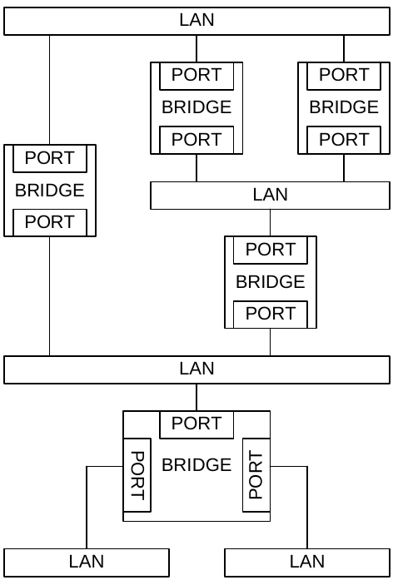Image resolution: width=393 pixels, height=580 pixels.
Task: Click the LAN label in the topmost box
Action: pyautogui.click(x=196, y=20)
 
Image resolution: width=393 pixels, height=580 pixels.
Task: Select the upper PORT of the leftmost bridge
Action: pyautogui.click(x=50, y=158)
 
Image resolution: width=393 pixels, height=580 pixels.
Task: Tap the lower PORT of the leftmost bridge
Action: pyautogui.click(x=50, y=222)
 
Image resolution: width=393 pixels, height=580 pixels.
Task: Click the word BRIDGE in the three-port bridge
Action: pyautogui.click(x=196, y=465)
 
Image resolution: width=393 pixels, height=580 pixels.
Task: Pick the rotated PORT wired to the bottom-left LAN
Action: pyautogui.click(x=137, y=475)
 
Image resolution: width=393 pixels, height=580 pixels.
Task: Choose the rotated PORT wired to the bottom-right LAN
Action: pyautogui.click(x=256, y=475)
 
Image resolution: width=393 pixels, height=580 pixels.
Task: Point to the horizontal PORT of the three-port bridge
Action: pyautogui.click(x=196, y=424)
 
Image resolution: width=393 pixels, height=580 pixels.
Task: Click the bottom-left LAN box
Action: pyautogui.click(x=87, y=563)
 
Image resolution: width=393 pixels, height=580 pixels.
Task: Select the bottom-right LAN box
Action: pyautogui.click(x=307, y=563)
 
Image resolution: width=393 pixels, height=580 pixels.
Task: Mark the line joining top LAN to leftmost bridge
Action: pyautogui.click(x=50, y=90)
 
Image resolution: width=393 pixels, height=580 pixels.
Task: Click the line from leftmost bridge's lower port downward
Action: pyautogui.click(x=50, y=296)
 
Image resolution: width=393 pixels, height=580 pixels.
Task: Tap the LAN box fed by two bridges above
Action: pyautogui.click(x=270, y=196)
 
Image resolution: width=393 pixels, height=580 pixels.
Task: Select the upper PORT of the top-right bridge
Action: pyautogui.click(x=344, y=76)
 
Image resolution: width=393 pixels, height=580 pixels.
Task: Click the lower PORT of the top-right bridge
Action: pyautogui.click(x=344, y=140)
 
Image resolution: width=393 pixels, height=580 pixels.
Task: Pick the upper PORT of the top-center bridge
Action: pyautogui.click(x=196, y=76)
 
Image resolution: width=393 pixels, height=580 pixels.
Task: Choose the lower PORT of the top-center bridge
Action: pyautogui.click(x=196, y=140)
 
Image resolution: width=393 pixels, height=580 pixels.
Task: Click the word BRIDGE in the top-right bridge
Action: pyautogui.click(x=344, y=107)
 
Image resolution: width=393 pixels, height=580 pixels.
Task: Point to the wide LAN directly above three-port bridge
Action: pyautogui.click(x=196, y=370)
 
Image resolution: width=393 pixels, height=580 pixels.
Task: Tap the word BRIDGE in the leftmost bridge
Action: pyautogui.click(x=50, y=190)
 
